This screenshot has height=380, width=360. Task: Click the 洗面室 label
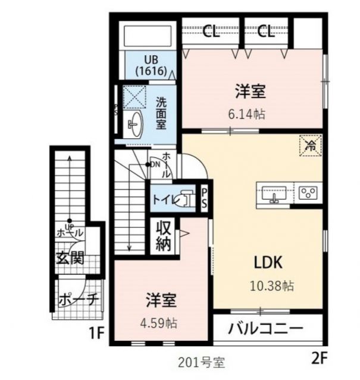point(161,113)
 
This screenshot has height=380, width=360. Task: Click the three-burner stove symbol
point(308,192)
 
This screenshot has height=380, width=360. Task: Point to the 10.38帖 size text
point(271,286)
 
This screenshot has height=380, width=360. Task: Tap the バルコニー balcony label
point(266,328)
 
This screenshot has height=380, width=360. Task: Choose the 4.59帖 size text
point(162,324)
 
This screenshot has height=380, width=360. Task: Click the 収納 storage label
point(164,235)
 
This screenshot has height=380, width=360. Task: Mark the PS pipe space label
point(204,198)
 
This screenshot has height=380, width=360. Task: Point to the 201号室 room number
point(201,362)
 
